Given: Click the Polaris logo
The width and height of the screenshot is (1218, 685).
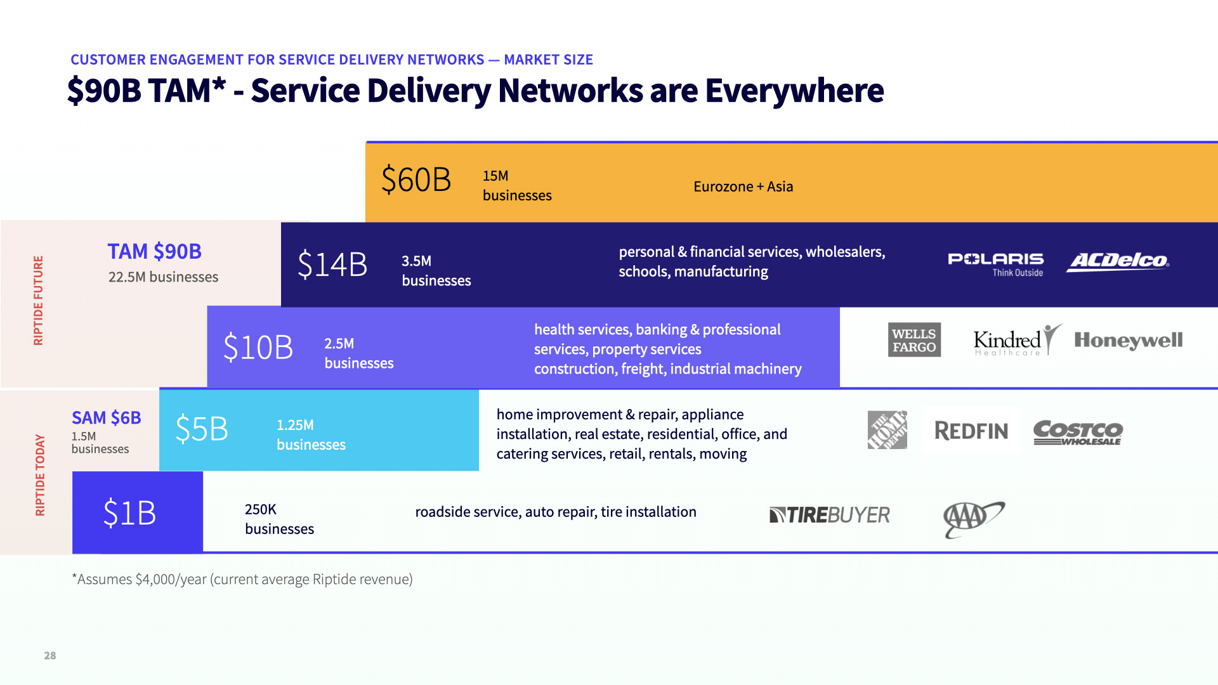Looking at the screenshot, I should (x=995, y=264).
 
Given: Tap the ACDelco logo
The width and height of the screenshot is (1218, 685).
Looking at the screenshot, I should (x=1118, y=261).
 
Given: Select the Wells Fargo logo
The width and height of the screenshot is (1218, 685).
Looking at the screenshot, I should (x=914, y=340).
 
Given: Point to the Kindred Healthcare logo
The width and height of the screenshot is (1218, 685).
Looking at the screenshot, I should (x=1017, y=341).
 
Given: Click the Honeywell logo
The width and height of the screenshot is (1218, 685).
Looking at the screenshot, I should (x=1128, y=341).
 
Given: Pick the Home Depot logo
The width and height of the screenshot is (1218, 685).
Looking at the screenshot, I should (x=887, y=430).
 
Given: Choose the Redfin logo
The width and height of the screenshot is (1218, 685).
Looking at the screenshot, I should (x=971, y=431).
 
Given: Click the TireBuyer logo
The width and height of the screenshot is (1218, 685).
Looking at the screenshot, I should (x=829, y=514).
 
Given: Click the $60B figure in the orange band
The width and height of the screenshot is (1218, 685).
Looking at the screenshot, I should (x=416, y=179).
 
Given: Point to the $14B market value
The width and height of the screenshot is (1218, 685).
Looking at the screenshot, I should (x=332, y=264).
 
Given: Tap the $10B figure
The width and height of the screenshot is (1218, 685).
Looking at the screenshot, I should (x=258, y=348).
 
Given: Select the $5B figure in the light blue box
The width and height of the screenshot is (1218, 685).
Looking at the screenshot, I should (x=202, y=429).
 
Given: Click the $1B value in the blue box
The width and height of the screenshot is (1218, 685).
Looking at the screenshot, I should (x=129, y=512).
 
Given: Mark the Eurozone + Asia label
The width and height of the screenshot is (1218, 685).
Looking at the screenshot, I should (x=743, y=186).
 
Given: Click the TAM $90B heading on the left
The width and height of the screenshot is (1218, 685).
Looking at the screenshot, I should (x=154, y=251).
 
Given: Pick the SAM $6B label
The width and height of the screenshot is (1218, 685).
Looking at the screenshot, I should (x=106, y=417).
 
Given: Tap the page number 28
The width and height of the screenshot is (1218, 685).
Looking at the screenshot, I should (x=50, y=656).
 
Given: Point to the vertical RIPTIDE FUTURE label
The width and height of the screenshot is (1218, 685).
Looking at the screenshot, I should (x=38, y=300).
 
